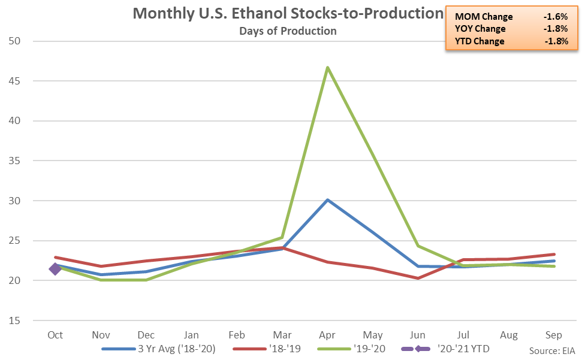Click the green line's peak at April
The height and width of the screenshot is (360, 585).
click(x=327, y=67)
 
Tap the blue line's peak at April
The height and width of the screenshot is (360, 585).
click(x=327, y=199)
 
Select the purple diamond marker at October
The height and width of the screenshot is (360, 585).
click(x=55, y=269)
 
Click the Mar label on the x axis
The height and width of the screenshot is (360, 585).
click(x=282, y=334)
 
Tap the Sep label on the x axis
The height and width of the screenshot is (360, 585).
click(x=554, y=334)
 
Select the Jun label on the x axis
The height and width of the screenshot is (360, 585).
click(x=418, y=334)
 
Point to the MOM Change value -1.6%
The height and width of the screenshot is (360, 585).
click(x=556, y=17)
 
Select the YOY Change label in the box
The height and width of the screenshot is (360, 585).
click(x=480, y=29)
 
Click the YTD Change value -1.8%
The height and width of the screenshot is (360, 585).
click(x=556, y=41)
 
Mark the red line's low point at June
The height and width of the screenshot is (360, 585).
click(x=418, y=278)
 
